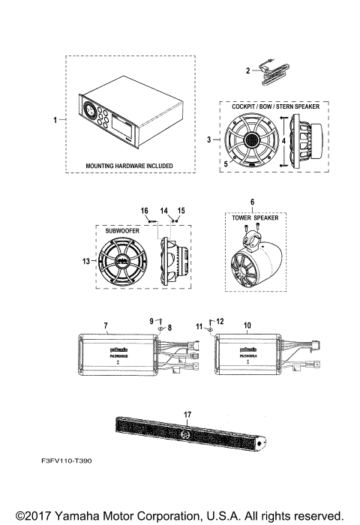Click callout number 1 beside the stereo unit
coord(54,119)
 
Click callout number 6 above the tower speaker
coord(252,202)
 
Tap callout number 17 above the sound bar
coord(187,413)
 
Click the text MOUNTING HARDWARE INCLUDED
coord(129,165)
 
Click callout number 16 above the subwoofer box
coord(145,211)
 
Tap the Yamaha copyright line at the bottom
coord(180,516)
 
